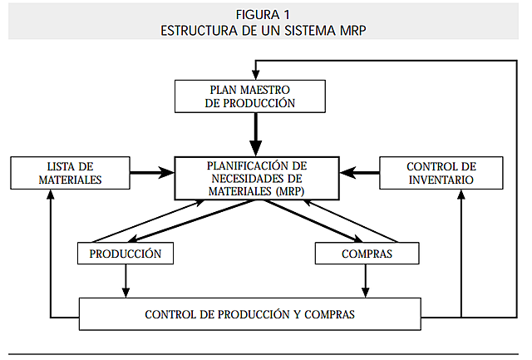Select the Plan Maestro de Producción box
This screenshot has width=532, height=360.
point(249,96)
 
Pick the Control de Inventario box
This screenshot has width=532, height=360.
point(441,172)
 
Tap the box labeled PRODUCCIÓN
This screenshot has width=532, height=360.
point(125,253)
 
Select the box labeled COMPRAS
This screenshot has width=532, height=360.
point(366,253)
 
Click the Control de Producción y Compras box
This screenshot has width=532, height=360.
point(249,314)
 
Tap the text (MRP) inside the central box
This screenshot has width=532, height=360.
point(287,190)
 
